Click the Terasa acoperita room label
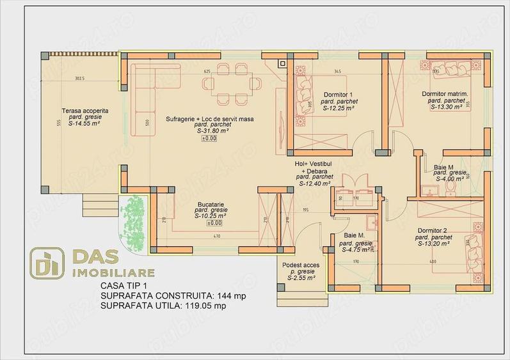pyautogui.click(x=85, y=111)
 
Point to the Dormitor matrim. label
pyautogui.click(x=445, y=94)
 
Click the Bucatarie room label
pyautogui.click(x=209, y=203)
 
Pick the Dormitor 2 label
pyautogui.click(x=431, y=230)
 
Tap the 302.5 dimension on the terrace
pyautogui.click(x=79, y=79)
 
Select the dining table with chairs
pyautogui.click(x=232, y=80)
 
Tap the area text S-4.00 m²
pyautogui.click(x=450, y=179)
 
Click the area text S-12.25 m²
pyautogui.click(x=339, y=108)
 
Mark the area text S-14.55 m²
pyautogui.click(x=85, y=123)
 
